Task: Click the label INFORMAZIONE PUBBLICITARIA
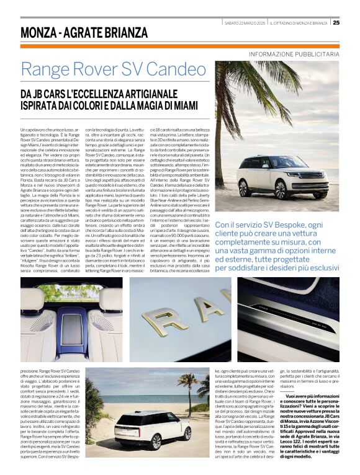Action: click(294, 55)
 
